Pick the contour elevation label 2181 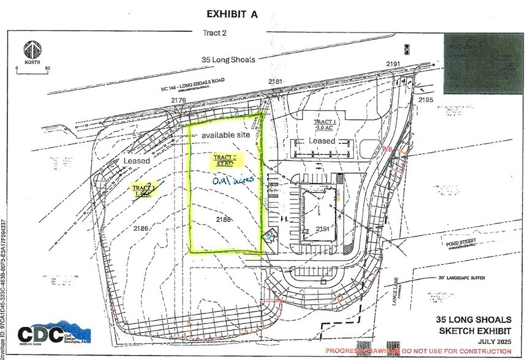point(276,81)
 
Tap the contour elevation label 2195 point(425,100)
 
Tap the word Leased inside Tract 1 point(322,141)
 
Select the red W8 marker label point(387,149)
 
